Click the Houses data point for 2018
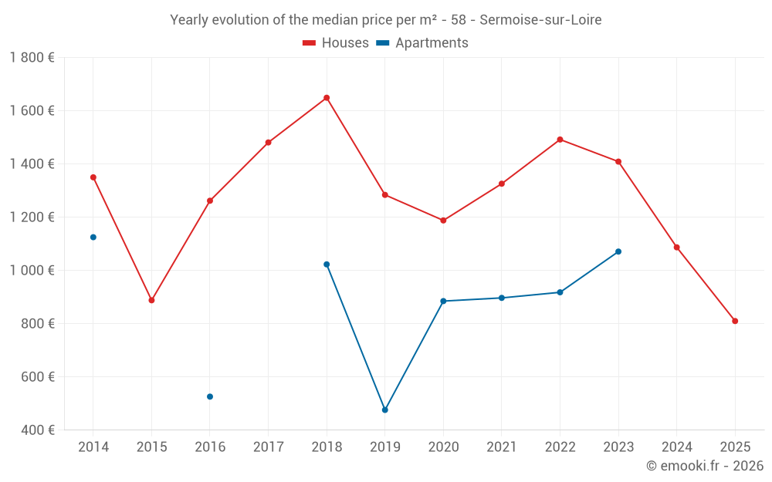[327, 98]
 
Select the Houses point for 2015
[151, 300]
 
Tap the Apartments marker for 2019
[385, 410]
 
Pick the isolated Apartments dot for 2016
[210, 396]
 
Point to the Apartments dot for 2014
[93, 238]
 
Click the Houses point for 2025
[735, 321]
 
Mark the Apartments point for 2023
[618, 251]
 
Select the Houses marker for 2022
[560, 140]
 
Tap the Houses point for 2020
[443, 221]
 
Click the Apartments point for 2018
[327, 265]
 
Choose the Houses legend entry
[336, 43]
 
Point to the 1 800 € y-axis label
[32, 57]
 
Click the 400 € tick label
[38, 430]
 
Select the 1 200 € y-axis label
[32, 217]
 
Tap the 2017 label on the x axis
[268, 447]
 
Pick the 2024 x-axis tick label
[676, 447]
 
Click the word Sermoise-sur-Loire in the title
[540, 20]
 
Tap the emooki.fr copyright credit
[705, 466]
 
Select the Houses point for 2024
[676, 248]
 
